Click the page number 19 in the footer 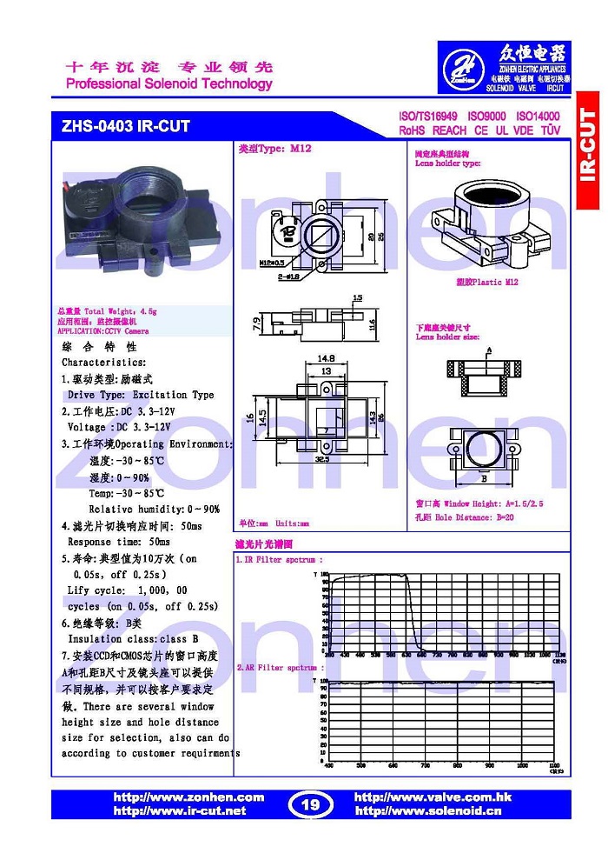tap(309, 804)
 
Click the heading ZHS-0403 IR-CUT tap(125, 126)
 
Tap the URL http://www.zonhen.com tap(188, 797)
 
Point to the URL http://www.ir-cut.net tap(180, 811)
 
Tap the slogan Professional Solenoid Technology tap(169, 84)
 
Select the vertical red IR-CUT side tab tap(588, 148)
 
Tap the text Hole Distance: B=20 tap(479, 517)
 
